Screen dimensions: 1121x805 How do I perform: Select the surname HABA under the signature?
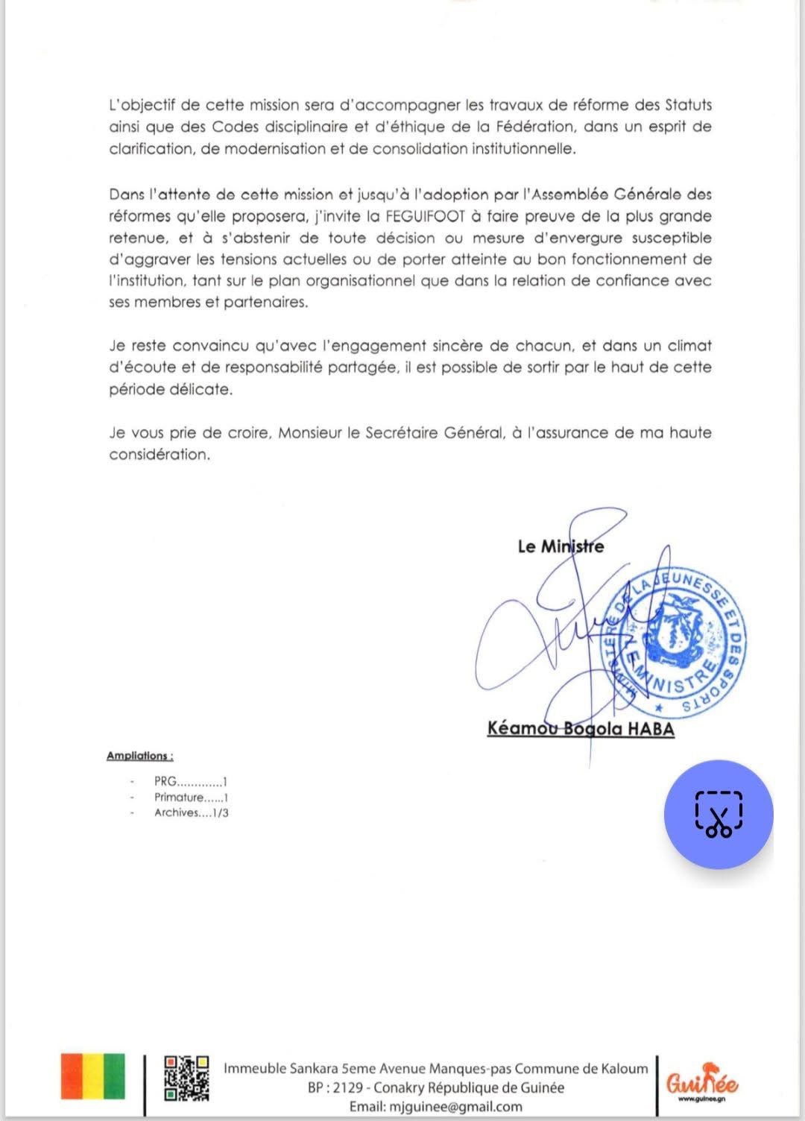(x=650, y=728)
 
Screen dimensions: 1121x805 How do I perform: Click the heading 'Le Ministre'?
(x=561, y=546)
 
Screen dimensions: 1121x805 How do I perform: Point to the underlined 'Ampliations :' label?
(x=139, y=756)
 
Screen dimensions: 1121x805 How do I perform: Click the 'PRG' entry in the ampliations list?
(x=165, y=782)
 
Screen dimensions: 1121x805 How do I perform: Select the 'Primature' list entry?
(x=178, y=798)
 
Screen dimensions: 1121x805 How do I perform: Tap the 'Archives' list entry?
(x=177, y=812)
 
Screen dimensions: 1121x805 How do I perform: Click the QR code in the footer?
(x=186, y=1078)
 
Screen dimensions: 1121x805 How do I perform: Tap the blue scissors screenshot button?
(x=718, y=814)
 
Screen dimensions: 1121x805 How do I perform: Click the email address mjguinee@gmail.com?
(x=456, y=1107)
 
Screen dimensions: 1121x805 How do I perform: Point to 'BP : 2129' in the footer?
(x=335, y=1087)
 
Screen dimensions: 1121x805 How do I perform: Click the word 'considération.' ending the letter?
(x=160, y=454)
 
